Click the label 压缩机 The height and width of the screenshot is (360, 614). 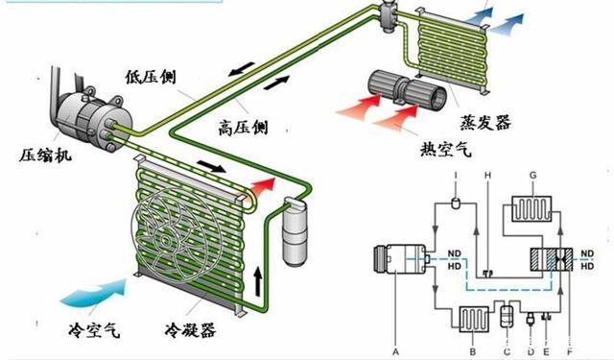point(45,155)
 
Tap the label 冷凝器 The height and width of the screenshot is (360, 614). point(190,330)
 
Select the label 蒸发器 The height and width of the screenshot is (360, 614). point(485,122)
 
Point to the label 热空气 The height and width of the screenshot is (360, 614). point(445,149)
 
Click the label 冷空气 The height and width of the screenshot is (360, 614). point(94,330)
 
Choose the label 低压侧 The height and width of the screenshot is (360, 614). point(151,77)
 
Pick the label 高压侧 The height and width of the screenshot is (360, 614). point(243,128)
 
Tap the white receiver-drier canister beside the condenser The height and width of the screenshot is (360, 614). point(296,232)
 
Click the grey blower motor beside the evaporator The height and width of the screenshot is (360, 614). point(407,90)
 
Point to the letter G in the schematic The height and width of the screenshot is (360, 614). point(533,176)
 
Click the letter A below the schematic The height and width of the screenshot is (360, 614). point(395,351)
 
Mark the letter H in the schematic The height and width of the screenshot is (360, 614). point(487,175)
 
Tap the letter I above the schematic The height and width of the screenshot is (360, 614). point(456,175)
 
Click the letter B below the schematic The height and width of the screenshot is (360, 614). point(473,351)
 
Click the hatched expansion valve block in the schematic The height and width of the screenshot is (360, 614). point(552,259)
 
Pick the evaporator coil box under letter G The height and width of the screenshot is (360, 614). point(531,208)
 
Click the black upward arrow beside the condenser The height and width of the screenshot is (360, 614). point(258,281)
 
